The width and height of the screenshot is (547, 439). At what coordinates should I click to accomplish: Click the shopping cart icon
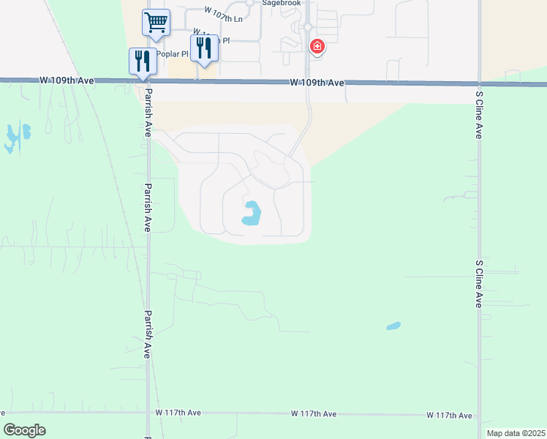tap(156, 22)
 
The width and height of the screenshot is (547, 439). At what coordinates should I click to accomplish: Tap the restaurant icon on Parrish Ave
tap(143, 61)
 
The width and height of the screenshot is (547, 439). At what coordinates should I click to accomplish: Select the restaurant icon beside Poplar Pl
tap(203, 48)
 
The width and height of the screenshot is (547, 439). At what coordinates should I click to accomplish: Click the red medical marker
tap(317, 48)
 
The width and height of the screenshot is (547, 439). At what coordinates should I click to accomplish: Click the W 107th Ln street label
tap(223, 15)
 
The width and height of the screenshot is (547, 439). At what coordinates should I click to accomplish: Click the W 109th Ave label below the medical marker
tap(316, 83)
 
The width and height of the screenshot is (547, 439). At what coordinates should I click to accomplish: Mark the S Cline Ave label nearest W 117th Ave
tap(479, 283)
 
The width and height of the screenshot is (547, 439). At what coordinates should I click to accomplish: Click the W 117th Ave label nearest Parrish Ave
tap(178, 413)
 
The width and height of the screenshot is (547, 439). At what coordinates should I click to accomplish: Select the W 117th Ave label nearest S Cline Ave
tap(449, 415)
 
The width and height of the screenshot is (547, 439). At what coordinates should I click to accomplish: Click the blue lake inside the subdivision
tap(251, 214)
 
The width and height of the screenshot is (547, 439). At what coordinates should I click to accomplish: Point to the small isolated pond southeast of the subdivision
tap(393, 326)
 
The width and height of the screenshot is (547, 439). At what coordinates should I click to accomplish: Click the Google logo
tap(25, 430)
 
